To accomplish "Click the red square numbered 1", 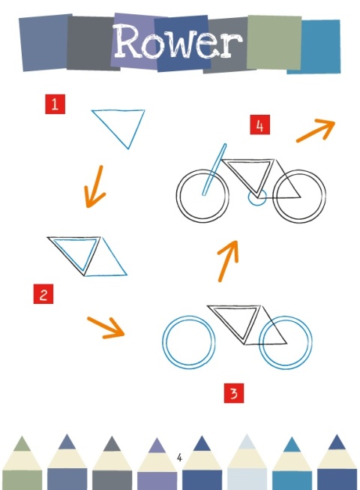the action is tap(55, 104).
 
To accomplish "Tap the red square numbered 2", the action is tap(43, 293).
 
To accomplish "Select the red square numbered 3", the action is tap(234, 393).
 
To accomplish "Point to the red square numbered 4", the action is tap(259, 125).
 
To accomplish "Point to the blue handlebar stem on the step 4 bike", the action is tap(214, 170).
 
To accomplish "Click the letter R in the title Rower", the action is tap(126, 41).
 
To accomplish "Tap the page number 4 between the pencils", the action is tap(179, 458).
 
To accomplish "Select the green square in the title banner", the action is tap(274, 42).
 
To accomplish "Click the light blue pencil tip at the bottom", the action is tap(247, 441).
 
